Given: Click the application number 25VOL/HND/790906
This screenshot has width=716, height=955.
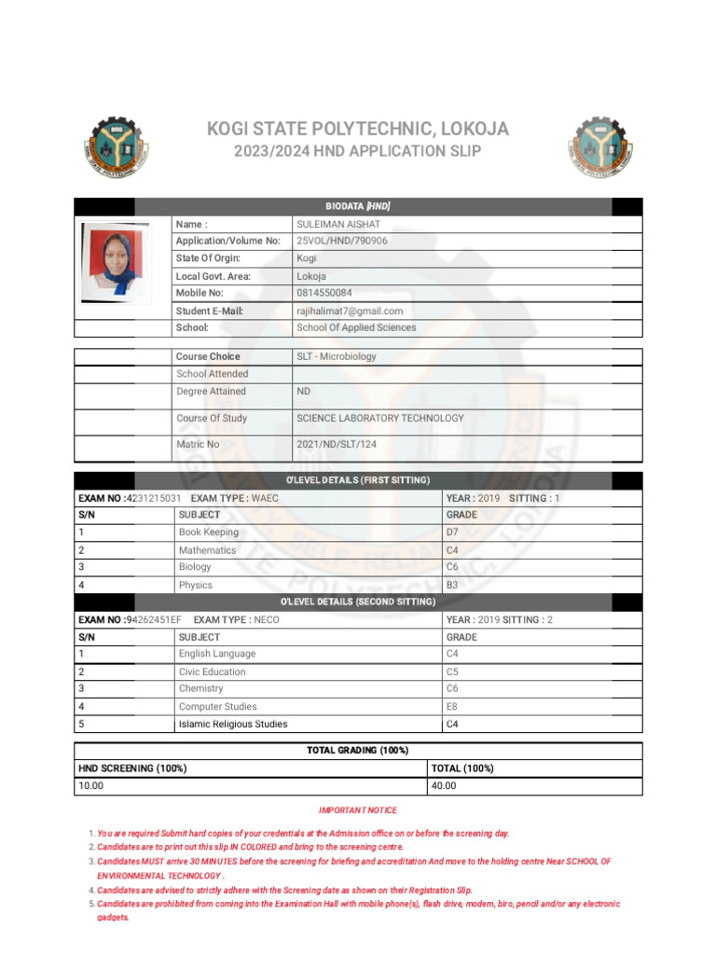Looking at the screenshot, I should tap(341, 241).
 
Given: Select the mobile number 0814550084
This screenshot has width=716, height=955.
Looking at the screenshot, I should tap(324, 293).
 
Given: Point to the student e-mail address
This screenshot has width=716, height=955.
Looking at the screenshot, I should tap(349, 311).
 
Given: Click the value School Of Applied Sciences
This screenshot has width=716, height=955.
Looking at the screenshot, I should tap(356, 327).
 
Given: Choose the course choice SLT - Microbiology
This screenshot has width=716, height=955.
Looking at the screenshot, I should tap(336, 356).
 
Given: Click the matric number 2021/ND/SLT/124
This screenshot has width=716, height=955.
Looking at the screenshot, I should tap(336, 444).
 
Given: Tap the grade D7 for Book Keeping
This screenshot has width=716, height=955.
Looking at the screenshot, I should tap(454, 532).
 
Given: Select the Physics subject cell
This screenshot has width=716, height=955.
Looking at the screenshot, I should tap(196, 585).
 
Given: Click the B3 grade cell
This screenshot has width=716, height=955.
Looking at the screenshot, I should tap(453, 585).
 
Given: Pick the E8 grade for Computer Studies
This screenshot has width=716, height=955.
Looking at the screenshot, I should tap(453, 706).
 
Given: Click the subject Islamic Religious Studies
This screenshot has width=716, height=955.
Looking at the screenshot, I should tap(233, 724).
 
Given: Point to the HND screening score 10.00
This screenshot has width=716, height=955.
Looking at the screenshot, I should tap(90, 786).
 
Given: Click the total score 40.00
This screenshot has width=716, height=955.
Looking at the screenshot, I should tap(444, 786).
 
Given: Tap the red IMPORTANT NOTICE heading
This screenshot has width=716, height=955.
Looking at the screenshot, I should tap(358, 810).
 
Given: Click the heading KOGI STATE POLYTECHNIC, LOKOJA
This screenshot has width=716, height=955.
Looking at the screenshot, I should tap(358, 129).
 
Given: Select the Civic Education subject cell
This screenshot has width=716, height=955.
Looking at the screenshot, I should tap(213, 671).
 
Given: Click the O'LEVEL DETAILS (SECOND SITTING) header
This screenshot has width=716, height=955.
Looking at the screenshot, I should tap(358, 602).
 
